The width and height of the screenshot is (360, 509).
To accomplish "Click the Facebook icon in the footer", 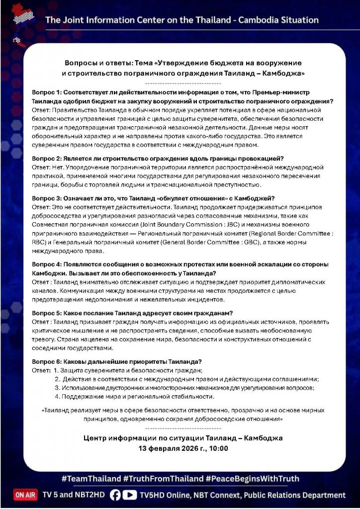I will point(115,495).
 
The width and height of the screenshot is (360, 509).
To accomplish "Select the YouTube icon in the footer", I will point(130,495).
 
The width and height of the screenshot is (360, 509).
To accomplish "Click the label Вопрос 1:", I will point(46,93).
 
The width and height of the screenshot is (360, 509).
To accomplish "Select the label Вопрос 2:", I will point(46,159).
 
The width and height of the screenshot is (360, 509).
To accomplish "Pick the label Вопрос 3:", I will point(46,198).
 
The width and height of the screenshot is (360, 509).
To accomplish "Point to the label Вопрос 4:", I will point(46,264).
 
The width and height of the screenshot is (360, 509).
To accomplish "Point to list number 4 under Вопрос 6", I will point(57,397).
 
